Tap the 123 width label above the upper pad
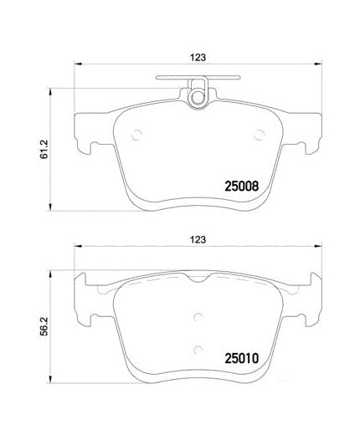[198, 58]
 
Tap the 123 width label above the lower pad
[198, 239]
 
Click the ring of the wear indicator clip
[198, 98]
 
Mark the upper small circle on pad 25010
[198, 315]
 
